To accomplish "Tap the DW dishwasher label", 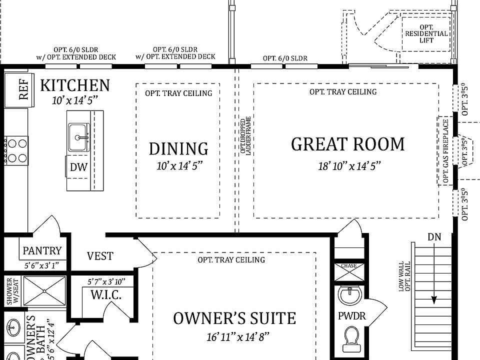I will pyautogui.click(x=78, y=167).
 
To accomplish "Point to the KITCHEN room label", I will pyautogui.click(x=74, y=85).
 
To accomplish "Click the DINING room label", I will pyautogui.click(x=178, y=148).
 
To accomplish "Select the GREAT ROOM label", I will pyautogui.click(x=347, y=144).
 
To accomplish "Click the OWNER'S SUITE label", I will pyautogui.click(x=234, y=318).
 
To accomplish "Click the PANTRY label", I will pyautogui.click(x=42, y=250).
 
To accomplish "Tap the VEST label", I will pyautogui.click(x=100, y=256).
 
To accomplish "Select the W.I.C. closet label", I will pyautogui.click(x=105, y=295).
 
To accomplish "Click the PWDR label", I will pyautogui.click(x=351, y=316).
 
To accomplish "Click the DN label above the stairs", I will pyautogui.click(x=434, y=236).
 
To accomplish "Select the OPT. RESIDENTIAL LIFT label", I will pyautogui.click(x=426, y=34).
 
